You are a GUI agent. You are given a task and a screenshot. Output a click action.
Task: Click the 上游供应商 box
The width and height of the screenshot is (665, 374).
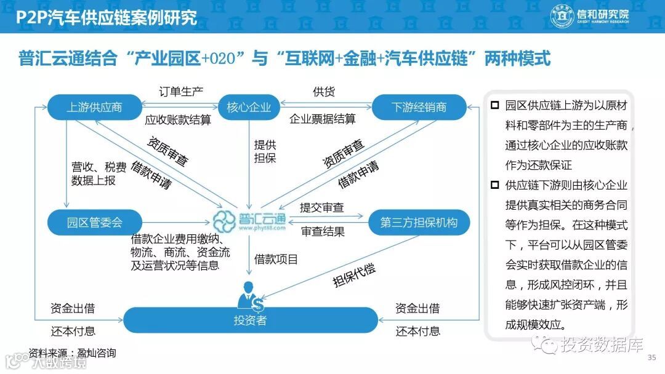(94, 108)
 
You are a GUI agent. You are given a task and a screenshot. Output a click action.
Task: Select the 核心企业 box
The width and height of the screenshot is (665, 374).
(249, 108)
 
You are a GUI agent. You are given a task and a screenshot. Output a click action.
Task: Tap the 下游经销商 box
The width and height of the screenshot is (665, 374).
(419, 108)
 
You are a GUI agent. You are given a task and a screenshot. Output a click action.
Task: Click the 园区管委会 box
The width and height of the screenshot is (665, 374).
(95, 222)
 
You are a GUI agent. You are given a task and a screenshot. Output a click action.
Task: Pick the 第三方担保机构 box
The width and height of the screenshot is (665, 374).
(419, 222)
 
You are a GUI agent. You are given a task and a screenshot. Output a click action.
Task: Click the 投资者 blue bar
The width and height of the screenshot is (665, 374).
(250, 320)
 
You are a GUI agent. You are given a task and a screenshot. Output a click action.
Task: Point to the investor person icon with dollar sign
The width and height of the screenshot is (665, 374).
(251, 296)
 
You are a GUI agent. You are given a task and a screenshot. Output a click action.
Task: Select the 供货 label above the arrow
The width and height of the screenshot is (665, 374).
(324, 92)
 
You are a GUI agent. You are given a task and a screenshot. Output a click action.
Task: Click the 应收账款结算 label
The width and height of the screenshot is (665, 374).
(177, 120)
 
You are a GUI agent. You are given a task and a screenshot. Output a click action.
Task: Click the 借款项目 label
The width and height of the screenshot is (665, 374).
(276, 259)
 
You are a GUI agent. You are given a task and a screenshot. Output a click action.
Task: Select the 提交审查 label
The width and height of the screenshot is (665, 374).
(321, 208)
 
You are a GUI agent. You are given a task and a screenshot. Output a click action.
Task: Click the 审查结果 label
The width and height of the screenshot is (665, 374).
(323, 232)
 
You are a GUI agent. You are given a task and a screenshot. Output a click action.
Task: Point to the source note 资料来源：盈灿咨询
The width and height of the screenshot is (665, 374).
(72, 353)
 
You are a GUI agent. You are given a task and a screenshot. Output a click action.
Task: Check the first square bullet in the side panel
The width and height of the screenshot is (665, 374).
(494, 105)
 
